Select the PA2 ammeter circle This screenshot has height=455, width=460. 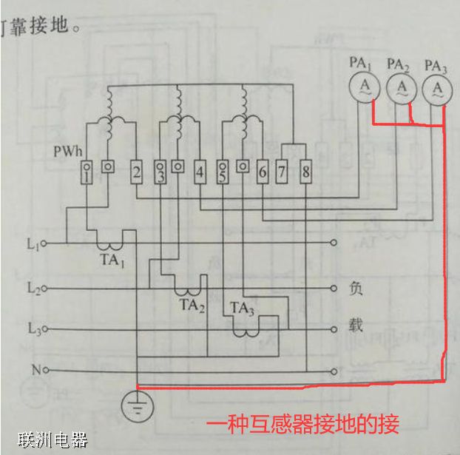pyautogui.click(x=402, y=89)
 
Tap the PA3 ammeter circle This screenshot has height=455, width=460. pyautogui.click(x=437, y=89)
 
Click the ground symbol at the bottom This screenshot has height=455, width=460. pyautogui.click(x=137, y=404)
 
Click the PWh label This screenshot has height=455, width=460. pyautogui.click(x=66, y=152)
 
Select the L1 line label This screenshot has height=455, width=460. pyautogui.click(x=31, y=243)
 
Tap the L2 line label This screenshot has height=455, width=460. pyautogui.click(x=31, y=286)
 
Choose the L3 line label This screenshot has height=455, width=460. pyautogui.click(x=31, y=328)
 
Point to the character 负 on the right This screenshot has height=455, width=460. pyautogui.click(x=356, y=288)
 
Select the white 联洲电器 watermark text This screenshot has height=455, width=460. pyautogui.click(x=53, y=441)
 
